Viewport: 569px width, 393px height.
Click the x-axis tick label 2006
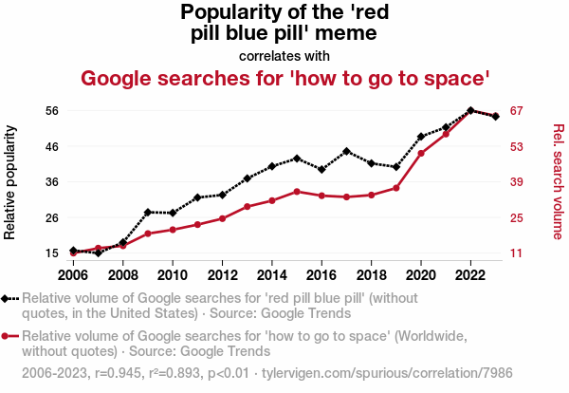[73, 275]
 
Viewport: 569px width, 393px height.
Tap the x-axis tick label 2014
[272, 275]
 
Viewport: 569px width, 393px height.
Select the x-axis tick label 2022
[470, 275]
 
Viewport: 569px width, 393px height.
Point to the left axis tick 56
[52, 110]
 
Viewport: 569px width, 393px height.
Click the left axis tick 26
[52, 217]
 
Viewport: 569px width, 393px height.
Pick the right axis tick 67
[517, 110]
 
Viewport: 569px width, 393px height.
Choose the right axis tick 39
[517, 182]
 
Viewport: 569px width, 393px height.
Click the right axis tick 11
[517, 253]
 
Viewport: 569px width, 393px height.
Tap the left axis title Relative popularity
[11, 181]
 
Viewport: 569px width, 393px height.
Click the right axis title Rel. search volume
[559, 181]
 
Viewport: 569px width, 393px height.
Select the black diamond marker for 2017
[347, 151]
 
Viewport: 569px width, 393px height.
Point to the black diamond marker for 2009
[148, 212]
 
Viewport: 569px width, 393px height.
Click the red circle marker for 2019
[396, 188]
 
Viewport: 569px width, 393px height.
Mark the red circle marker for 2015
[297, 192]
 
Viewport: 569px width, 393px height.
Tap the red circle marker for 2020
[421, 153]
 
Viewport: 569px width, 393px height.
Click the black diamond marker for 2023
[496, 116]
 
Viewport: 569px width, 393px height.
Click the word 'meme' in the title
[347, 33]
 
